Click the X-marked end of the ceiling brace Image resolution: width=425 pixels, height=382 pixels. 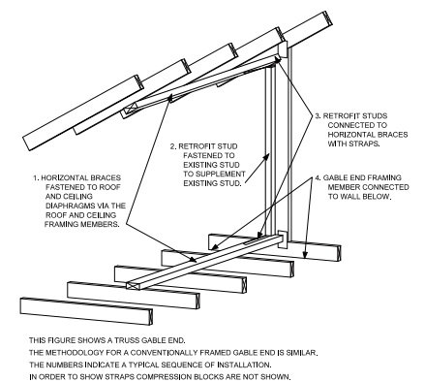134,285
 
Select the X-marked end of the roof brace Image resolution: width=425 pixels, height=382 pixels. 131,111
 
